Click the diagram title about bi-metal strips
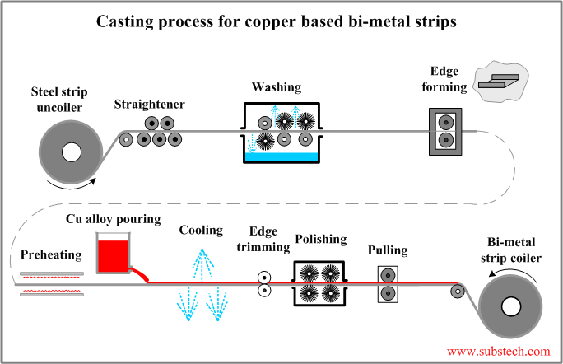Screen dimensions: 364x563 tap(281, 19)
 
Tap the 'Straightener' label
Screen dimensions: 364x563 tap(150, 105)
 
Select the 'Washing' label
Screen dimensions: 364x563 tap(277, 86)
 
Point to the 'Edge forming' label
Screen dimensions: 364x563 tap(449, 78)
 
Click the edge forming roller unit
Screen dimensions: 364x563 tap(445, 131)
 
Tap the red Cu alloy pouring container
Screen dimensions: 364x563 tap(113, 254)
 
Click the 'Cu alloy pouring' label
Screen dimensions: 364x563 tap(113, 221)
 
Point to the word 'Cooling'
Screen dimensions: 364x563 tap(202, 231)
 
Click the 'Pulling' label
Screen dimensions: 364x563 tap(387, 250)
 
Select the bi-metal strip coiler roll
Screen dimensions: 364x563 tap(511, 307)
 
